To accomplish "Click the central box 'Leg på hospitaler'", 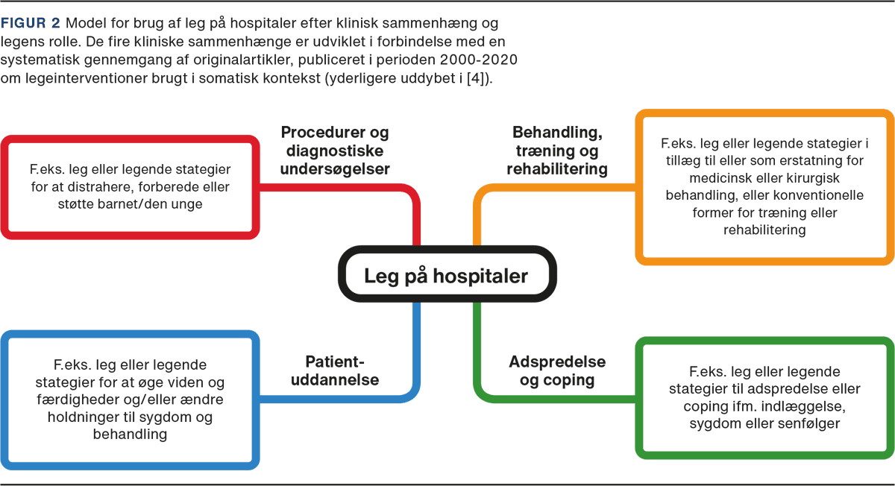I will [x=445, y=276].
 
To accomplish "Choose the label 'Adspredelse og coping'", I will [x=557, y=371].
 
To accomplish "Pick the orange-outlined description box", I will [x=764, y=186].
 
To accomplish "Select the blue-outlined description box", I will [x=130, y=400].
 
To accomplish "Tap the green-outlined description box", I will [x=764, y=395].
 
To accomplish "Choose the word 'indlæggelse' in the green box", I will [x=803, y=406].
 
